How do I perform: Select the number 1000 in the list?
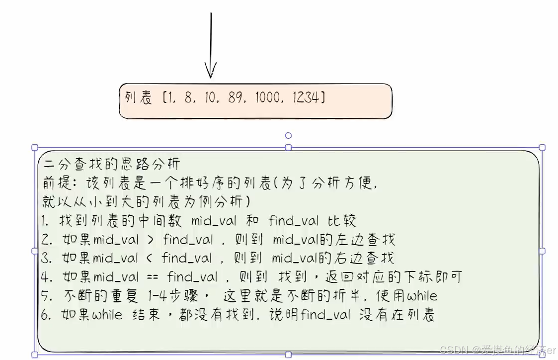pyautogui.click(x=267, y=98)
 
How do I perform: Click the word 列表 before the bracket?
pyautogui.click(x=139, y=98)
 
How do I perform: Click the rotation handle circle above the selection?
pyautogui.click(x=288, y=135)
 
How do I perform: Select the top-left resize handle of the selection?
pyautogui.click(x=35, y=147)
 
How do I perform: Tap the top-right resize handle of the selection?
pyautogui.click(x=542, y=147)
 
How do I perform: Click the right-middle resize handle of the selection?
pyautogui.click(x=542, y=251)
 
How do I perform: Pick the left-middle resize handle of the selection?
pyautogui.click(x=35, y=251)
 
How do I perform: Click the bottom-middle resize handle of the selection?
pyautogui.click(x=288, y=355)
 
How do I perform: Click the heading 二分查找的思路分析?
pyautogui.click(x=112, y=164)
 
